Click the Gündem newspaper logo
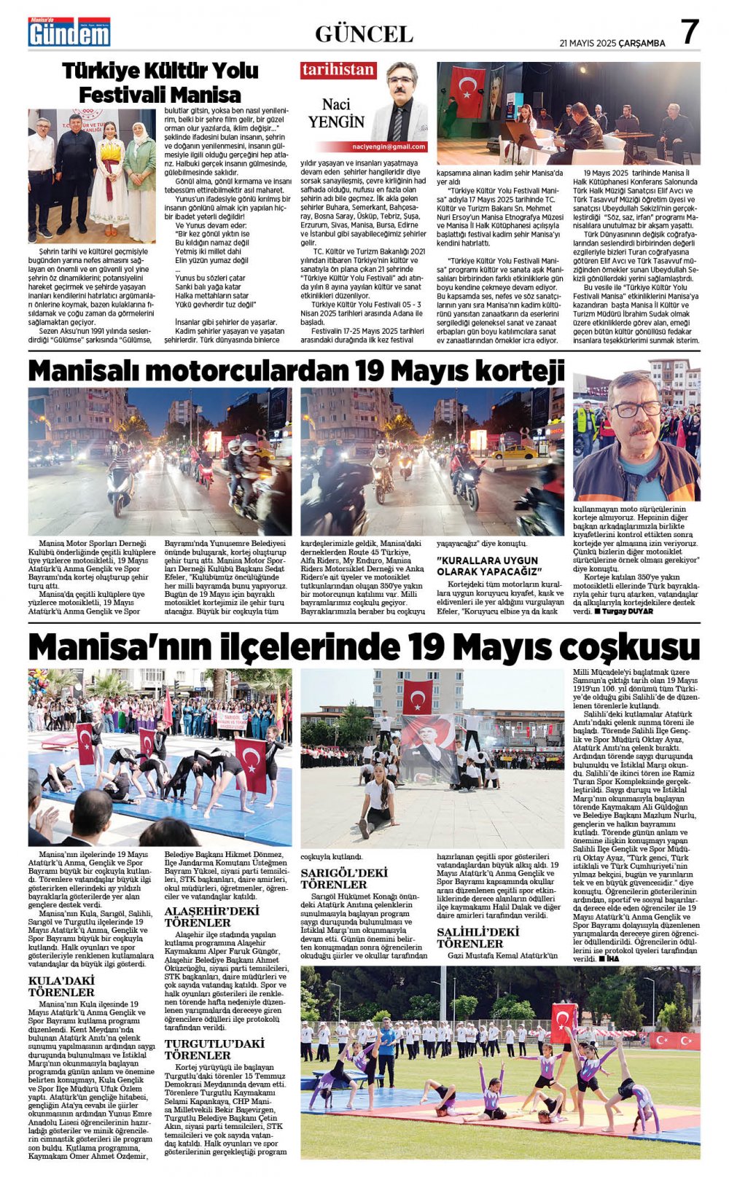[69, 32]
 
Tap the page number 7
[689, 31]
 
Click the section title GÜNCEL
[364, 34]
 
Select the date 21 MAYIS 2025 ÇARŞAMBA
[612, 43]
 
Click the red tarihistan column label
[338, 70]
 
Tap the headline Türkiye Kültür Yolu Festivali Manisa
[160, 82]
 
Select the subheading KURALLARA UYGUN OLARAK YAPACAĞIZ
[489, 566]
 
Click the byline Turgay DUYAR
[628, 611]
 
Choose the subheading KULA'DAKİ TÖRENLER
[61, 986]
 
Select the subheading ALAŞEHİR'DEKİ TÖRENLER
[211, 916]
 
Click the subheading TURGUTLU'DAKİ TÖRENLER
[213, 1049]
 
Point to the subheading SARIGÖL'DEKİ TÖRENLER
[344, 878]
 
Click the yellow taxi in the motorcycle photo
[515, 452]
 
